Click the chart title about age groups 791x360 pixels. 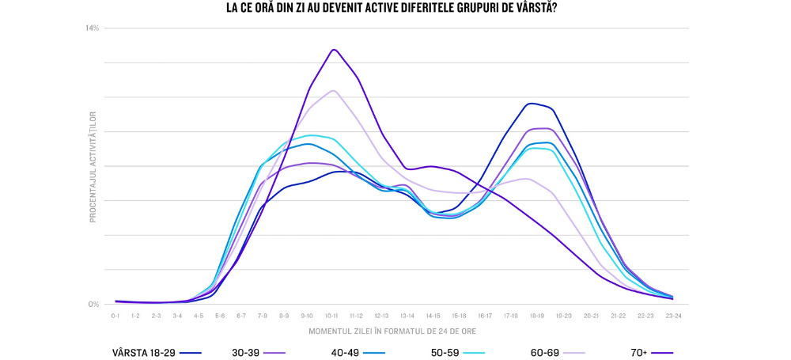coord(395,9)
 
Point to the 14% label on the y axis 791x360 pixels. coord(93,28)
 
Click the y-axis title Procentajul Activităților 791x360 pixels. coord(93,166)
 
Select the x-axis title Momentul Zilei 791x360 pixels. coord(392,331)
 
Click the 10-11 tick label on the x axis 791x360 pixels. coord(331,315)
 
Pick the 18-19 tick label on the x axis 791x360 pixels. coord(536,315)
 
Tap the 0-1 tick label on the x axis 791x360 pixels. coord(115,315)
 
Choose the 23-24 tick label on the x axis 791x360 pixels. coord(672,315)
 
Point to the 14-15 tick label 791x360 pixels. coord(433,315)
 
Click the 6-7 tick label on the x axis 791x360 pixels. coord(241,315)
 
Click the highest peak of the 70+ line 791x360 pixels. coord(335,49)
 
